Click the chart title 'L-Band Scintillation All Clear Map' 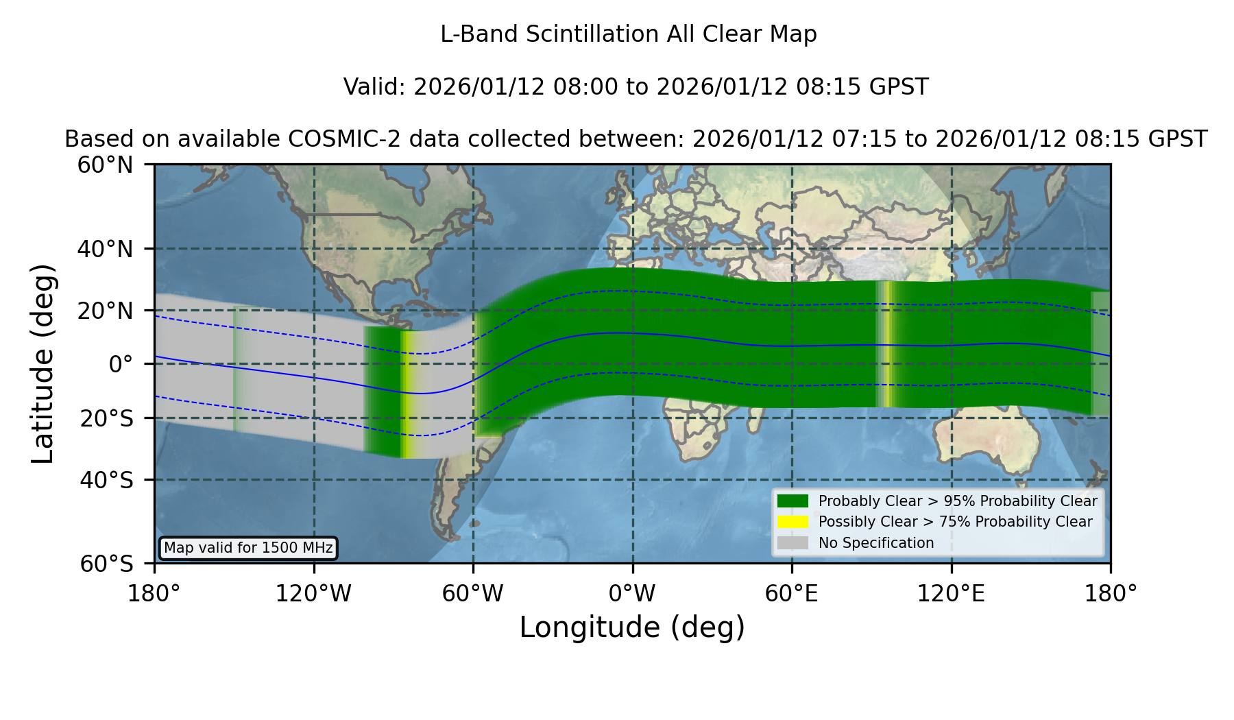[628, 34]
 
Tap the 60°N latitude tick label [105, 165]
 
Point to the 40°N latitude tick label [105, 249]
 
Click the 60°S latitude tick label [106, 564]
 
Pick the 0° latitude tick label [121, 363]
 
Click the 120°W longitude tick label [313, 593]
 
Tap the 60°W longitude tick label [473, 593]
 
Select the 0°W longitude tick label [632, 593]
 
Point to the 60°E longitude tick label [792, 593]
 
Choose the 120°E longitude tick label [952, 593]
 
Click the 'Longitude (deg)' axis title [632, 627]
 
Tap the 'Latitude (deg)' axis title [43, 363]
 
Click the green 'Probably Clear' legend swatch [793, 501]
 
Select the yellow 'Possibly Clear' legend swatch [793, 522]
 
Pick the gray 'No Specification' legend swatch [793, 543]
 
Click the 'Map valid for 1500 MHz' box [248, 548]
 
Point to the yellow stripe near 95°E [888, 344]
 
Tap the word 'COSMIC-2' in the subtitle [334, 139]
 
